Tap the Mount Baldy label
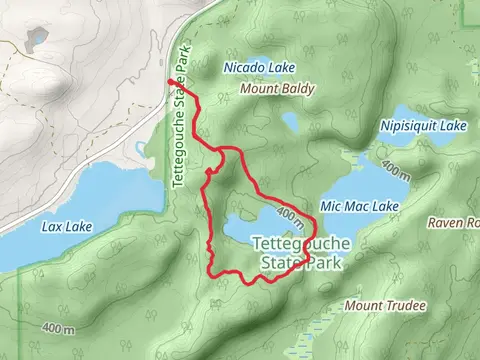coord(278,89)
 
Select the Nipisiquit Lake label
coord(424,126)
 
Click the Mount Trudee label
coord(384,304)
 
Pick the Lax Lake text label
coord(67,227)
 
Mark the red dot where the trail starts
coord(169,82)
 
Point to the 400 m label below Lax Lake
coord(59,329)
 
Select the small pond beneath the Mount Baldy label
coord(290,122)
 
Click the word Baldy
coord(298,89)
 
